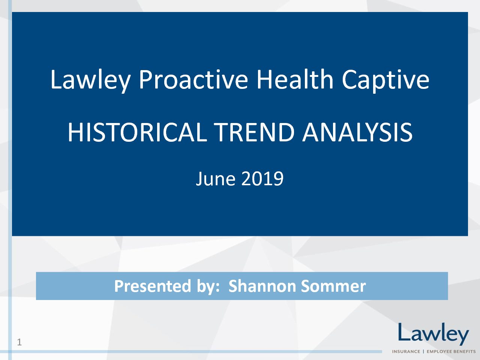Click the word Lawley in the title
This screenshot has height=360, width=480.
pyautogui.click(x=90, y=80)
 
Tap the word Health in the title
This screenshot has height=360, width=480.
pyautogui.click(x=295, y=79)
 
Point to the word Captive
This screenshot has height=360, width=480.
pyautogui.click(x=385, y=80)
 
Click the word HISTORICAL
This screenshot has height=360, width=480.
pyautogui.click(x=137, y=132)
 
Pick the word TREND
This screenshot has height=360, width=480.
pyautogui.click(x=254, y=132)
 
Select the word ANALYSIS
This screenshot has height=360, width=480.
pyautogui.click(x=357, y=132)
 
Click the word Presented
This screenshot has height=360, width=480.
pyautogui.click(x=153, y=286)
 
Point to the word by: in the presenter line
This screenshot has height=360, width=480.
pyautogui.click(x=208, y=287)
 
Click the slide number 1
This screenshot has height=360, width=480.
pyautogui.click(x=19, y=342)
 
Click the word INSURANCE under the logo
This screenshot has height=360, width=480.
pyautogui.click(x=406, y=351)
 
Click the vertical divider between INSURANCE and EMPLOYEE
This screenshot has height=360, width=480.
pyautogui.click(x=424, y=351)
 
